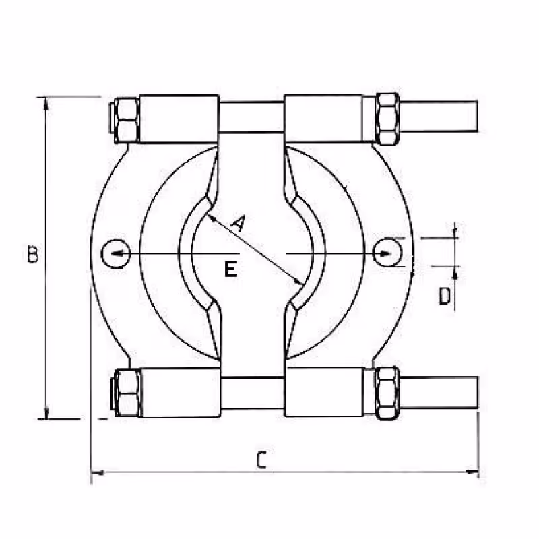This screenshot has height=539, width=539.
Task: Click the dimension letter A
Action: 239,223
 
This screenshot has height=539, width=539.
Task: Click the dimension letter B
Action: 32,254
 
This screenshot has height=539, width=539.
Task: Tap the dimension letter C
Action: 261,460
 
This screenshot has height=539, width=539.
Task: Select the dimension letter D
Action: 445,296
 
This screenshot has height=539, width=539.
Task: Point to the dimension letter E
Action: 230,269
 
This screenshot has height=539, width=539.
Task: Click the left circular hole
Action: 116,253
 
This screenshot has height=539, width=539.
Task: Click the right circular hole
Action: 387,252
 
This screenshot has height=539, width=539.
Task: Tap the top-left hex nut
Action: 127,120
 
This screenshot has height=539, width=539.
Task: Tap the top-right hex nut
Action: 387,119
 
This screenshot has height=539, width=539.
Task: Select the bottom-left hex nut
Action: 127,393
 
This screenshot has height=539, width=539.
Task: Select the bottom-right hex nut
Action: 387,393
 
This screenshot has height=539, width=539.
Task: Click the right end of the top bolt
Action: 478,117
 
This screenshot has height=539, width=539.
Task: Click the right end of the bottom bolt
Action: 478,392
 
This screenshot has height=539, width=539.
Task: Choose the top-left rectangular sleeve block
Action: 179,119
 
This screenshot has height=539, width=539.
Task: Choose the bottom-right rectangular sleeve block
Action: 324,392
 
